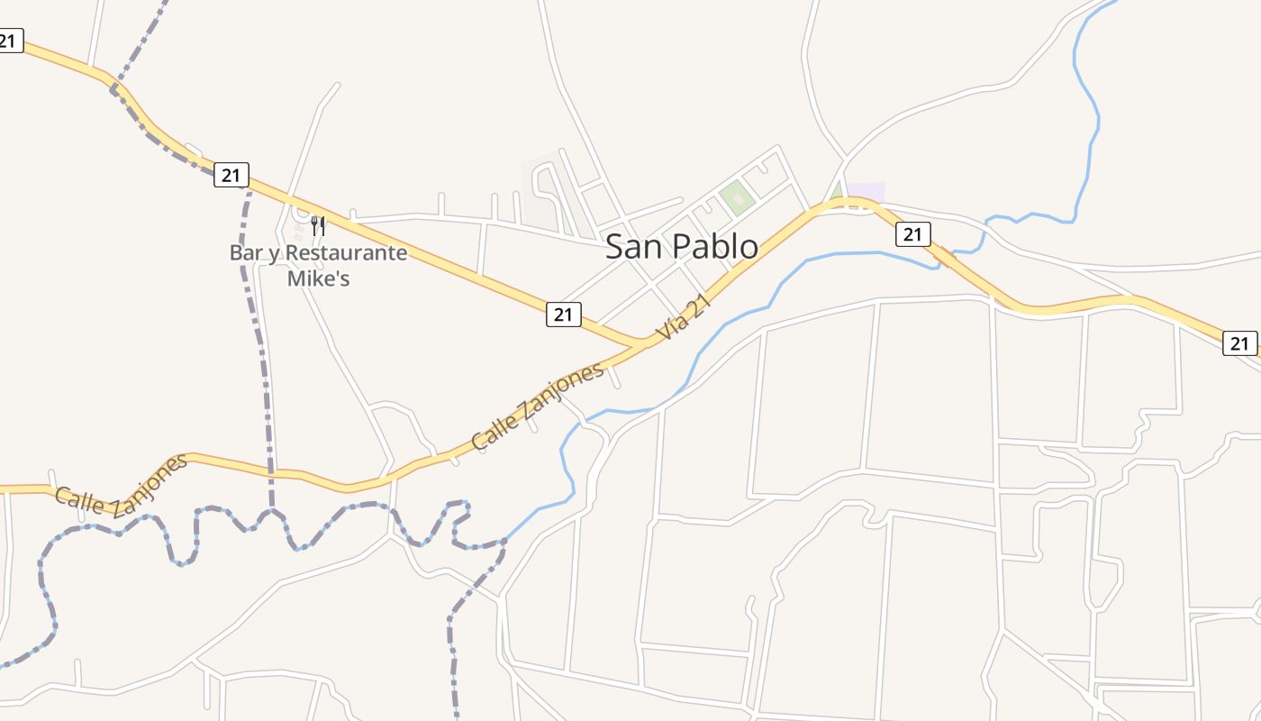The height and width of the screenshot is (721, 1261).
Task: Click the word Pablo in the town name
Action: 711,246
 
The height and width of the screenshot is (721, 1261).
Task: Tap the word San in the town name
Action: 629,246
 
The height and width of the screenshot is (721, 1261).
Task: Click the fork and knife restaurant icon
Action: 318,224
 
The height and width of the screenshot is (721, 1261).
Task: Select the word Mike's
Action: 318,278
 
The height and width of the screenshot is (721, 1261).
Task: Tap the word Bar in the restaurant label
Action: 244,253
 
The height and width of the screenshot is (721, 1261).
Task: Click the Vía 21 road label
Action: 684,317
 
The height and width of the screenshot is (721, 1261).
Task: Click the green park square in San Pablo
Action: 737,197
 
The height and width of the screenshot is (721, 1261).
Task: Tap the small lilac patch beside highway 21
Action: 866,192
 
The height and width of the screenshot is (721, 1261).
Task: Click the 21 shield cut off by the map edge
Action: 10,41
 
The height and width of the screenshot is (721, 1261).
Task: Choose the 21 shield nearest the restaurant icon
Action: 231,175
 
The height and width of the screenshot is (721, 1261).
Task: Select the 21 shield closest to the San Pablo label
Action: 563,315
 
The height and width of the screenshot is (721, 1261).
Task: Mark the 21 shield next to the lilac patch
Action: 912,234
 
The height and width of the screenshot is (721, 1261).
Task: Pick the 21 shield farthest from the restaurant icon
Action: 1239,342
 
